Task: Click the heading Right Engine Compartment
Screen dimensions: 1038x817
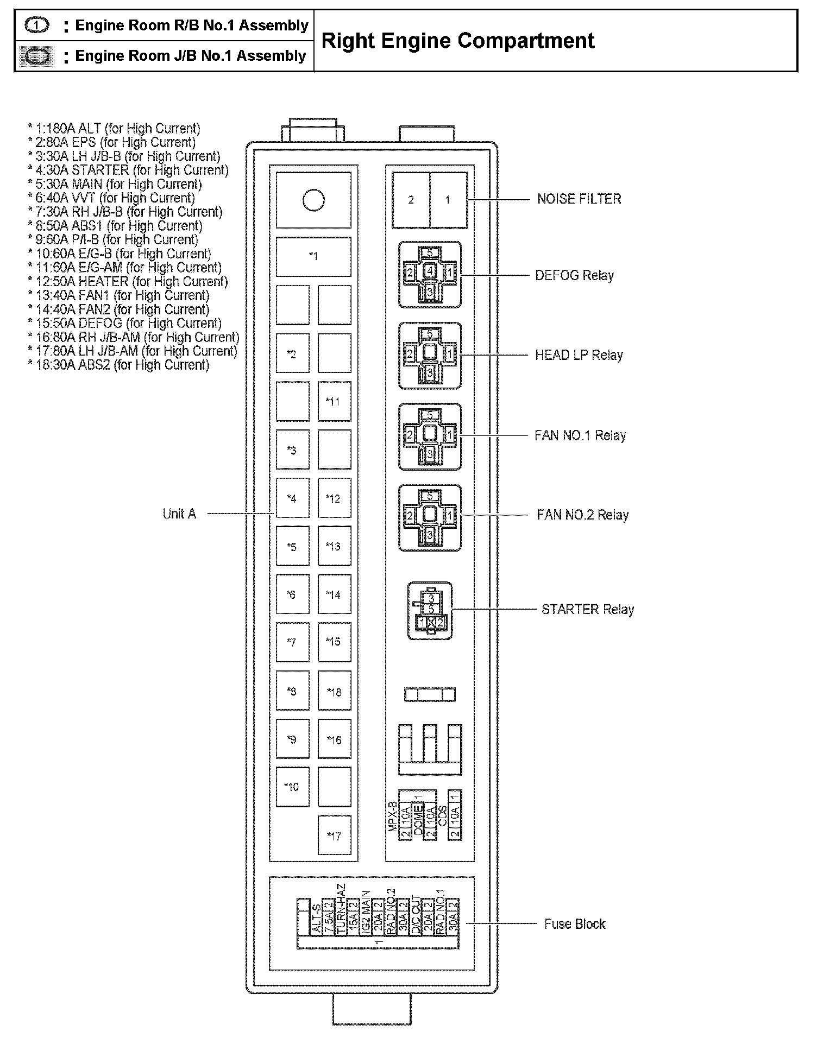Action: click(x=458, y=41)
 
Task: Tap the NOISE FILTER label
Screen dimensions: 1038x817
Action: click(x=579, y=199)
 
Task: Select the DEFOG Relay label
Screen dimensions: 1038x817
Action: click(x=574, y=276)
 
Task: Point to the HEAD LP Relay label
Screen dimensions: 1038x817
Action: click(x=579, y=356)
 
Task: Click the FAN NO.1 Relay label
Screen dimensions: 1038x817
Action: click(x=580, y=436)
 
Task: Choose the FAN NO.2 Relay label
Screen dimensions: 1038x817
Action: click(x=582, y=515)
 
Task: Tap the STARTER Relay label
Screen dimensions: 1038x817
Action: click(x=588, y=610)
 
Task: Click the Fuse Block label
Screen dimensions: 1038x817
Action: click(x=575, y=925)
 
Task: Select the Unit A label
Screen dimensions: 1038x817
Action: click(x=179, y=514)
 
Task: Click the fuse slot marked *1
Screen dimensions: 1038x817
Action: click(x=313, y=256)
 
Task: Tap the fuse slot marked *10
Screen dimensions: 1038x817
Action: click(x=292, y=787)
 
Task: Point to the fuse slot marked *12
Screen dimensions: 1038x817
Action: click(x=334, y=499)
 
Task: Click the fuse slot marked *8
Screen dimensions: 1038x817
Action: click(x=292, y=692)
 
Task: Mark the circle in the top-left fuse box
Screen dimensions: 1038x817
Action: click(x=313, y=200)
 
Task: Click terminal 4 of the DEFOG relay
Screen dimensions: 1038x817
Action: click(x=430, y=270)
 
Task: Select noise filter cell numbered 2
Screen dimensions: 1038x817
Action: click(x=411, y=200)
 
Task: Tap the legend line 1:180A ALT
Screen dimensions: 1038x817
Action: click(x=114, y=129)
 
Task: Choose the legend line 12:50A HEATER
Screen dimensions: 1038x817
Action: click(x=128, y=282)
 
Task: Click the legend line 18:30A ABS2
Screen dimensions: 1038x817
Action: click(x=118, y=365)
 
